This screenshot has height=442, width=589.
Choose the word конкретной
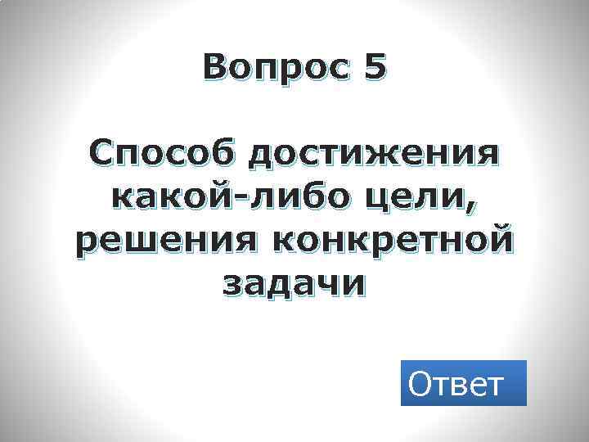(x=389, y=241)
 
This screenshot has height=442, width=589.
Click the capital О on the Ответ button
(x=421, y=383)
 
